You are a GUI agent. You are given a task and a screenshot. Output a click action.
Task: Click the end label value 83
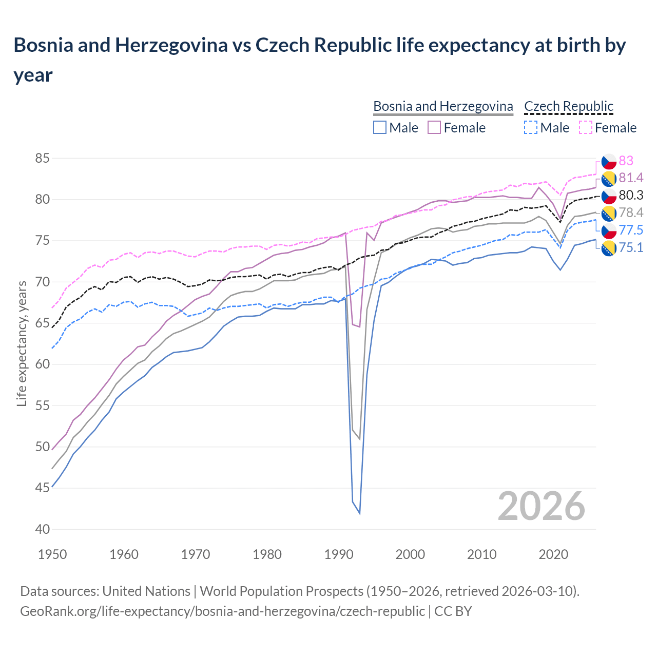point(626,161)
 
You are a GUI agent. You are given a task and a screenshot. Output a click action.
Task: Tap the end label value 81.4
point(631,178)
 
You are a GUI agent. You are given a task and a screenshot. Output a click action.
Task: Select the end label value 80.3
point(631,195)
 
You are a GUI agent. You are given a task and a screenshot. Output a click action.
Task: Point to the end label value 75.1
point(631,247)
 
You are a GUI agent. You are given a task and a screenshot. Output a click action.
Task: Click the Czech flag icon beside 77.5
point(609,230)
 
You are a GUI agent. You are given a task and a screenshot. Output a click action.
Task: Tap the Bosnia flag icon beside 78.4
point(609,213)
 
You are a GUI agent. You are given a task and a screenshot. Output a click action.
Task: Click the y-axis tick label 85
point(43,158)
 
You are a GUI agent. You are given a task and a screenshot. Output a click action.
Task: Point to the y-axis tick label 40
point(43,529)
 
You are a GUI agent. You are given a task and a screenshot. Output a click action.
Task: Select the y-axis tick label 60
point(43,364)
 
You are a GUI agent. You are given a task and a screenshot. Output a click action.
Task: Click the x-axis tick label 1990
point(339,554)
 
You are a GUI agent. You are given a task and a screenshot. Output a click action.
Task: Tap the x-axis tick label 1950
point(53,554)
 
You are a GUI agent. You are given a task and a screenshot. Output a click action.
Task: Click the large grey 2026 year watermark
point(541,506)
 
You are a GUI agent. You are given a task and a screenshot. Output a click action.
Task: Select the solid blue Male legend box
point(380,127)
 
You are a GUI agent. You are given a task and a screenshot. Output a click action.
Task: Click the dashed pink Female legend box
point(585,127)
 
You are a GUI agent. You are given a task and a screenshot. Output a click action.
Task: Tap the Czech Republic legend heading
point(569,106)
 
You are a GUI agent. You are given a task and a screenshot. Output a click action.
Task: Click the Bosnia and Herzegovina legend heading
point(443,106)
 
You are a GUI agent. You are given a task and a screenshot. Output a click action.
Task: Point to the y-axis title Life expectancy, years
point(22,344)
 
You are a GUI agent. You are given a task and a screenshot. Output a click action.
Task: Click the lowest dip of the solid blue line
point(359,513)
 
